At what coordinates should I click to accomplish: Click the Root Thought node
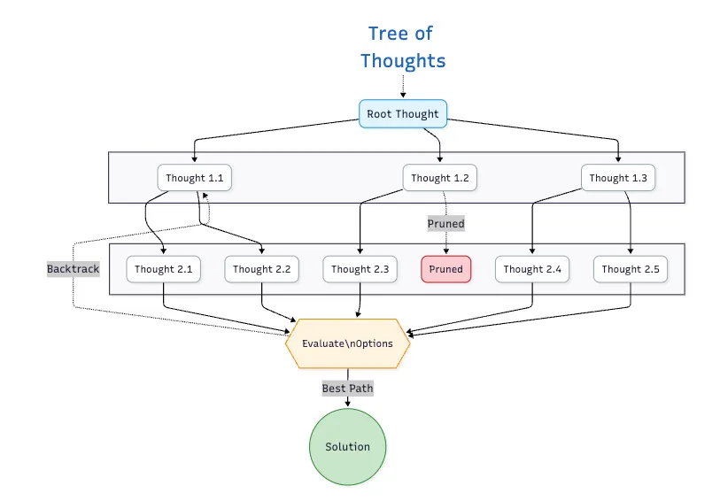(403, 114)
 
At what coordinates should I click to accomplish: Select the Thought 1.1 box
(194, 178)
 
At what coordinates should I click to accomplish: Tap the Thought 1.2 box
(440, 178)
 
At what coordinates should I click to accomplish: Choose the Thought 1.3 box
(618, 178)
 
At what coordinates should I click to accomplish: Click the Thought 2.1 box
(163, 269)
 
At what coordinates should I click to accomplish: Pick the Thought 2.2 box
(261, 269)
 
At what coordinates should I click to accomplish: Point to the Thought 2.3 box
(359, 269)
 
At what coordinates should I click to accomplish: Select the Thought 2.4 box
(532, 269)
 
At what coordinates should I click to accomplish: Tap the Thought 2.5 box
(631, 269)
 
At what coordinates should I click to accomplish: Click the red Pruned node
(446, 269)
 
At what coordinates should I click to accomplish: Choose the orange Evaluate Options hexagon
(347, 343)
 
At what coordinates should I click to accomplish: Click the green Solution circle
(347, 447)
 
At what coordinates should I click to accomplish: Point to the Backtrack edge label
(74, 267)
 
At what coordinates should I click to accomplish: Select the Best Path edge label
(347, 388)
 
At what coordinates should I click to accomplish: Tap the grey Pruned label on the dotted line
(446, 224)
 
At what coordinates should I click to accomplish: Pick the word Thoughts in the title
(403, 60)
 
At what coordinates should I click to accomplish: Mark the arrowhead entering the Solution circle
(347, 405)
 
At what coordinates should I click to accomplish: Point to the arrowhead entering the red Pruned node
(446, 253)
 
